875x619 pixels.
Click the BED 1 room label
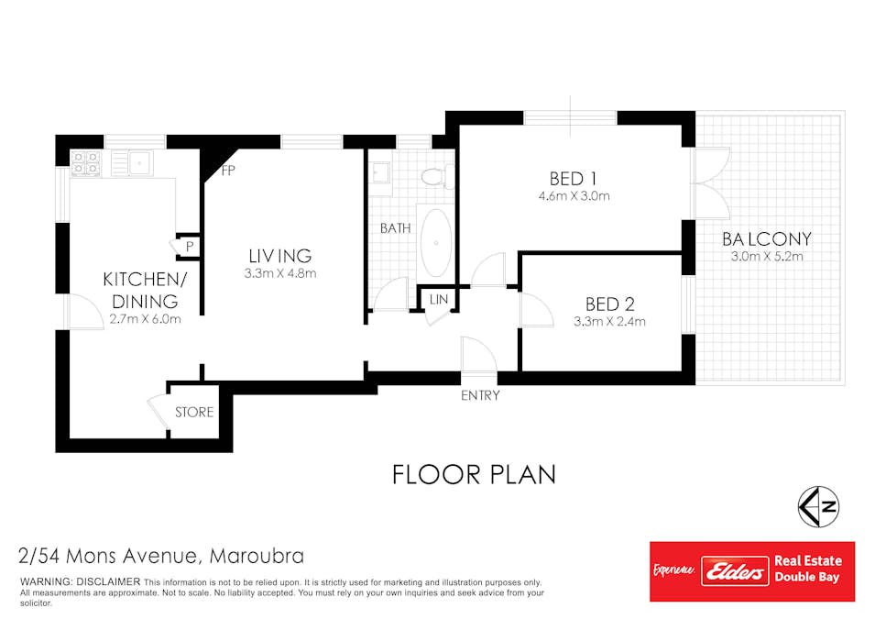point(574,179)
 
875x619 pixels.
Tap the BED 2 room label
point(610,304)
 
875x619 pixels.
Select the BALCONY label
point(767,239)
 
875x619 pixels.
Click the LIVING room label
point(280,256)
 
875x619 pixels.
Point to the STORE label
point(194,413)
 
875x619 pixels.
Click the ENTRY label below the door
point(480,395)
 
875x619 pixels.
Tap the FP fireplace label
point(227,171)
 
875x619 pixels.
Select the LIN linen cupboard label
point(439,300)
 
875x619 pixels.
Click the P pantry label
point(190,247)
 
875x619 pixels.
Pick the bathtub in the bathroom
point(436,243)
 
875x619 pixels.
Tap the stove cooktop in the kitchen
point(85,163)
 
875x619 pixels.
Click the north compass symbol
point(818,507)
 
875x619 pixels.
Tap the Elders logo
point(735,571)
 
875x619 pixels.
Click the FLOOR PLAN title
point(474,475)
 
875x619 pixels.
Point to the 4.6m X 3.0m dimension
point(574,196)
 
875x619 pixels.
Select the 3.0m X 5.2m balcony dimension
point(767,257)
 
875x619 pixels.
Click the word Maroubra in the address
point(257,556)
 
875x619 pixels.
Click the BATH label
point(395,228)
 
